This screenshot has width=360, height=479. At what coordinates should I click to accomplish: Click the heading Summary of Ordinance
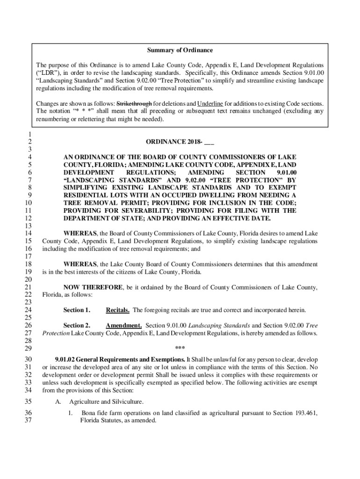point(180,51)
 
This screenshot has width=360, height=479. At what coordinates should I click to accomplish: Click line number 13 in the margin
point(27,226)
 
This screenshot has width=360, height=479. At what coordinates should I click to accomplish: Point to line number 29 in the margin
point(27,348)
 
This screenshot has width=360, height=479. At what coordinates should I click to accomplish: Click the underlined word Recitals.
point(118,310)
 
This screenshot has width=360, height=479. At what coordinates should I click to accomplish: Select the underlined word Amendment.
point(124,325)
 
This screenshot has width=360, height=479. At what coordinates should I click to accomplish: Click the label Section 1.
point(77,310)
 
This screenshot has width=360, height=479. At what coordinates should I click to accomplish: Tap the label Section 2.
point(77,325)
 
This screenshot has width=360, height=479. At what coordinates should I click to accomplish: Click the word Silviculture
point(127,402)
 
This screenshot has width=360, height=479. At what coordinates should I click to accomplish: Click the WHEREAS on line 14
point(80,233)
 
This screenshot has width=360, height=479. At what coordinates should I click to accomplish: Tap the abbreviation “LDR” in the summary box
point(48,73)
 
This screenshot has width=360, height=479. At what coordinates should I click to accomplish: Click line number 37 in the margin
point(27,421)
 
